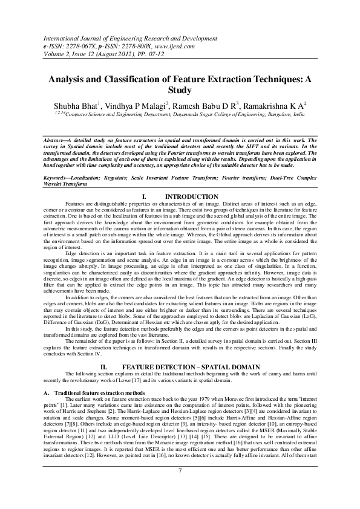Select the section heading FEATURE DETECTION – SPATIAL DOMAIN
(191, 367)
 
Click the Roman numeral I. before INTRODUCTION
(144, 197)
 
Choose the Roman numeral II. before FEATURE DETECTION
(103, 367)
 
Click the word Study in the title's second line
(180, 91)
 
